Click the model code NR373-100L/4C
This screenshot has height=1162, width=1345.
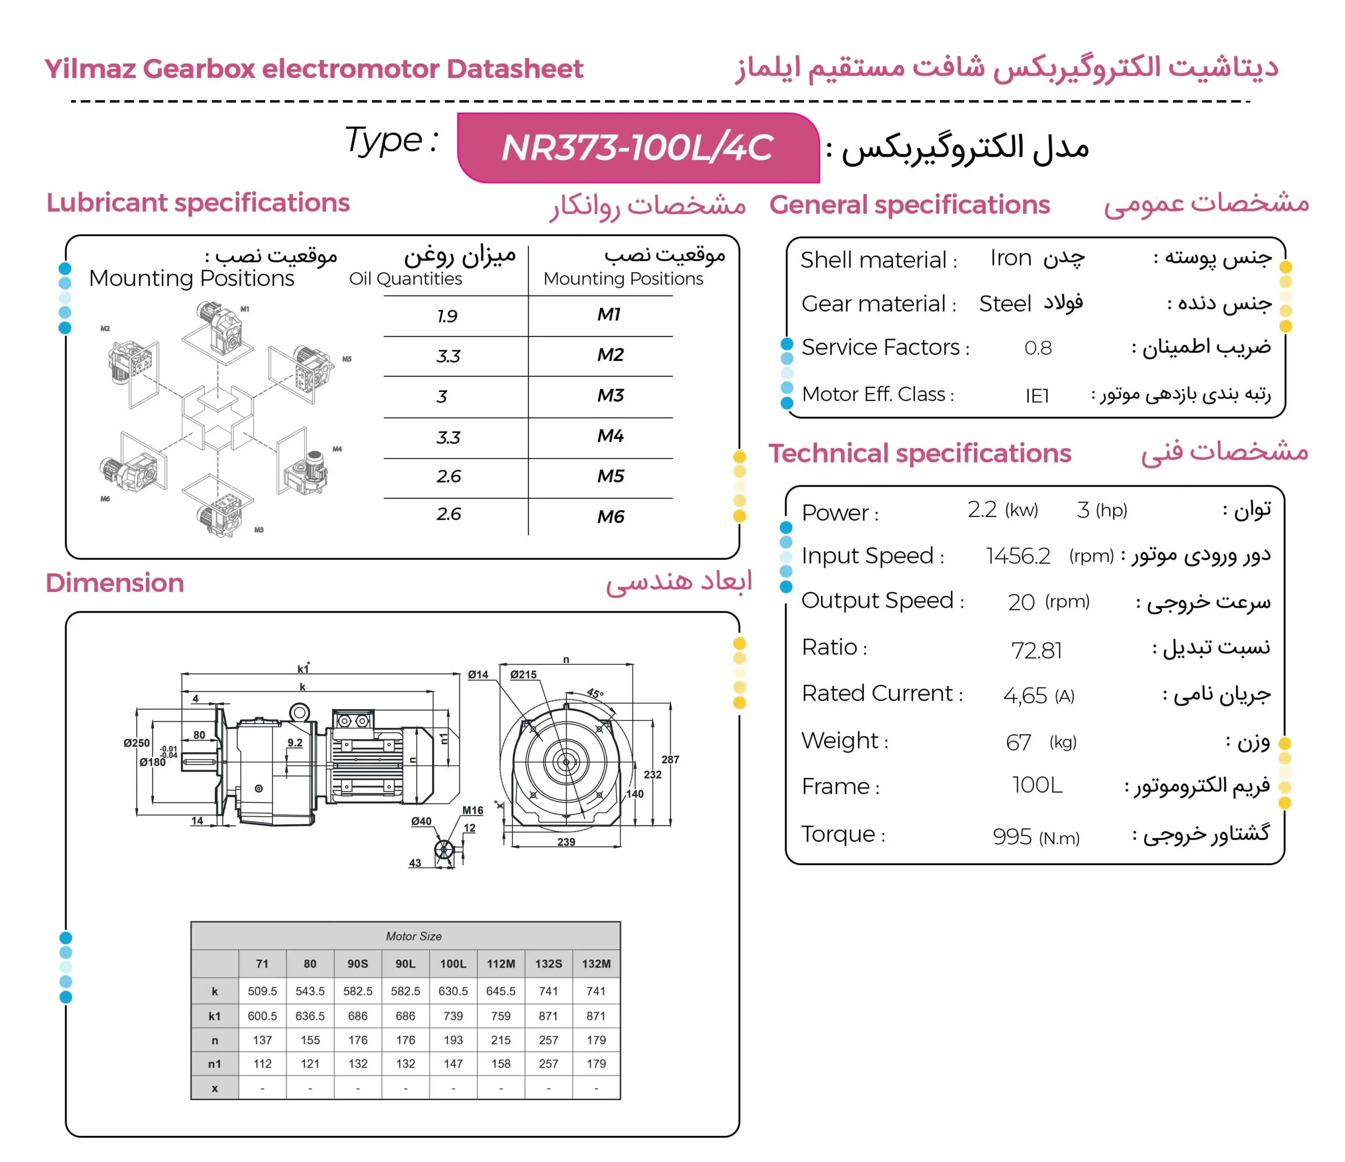click(x=637, y=148)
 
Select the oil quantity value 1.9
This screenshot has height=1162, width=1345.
click(x=447, y=316)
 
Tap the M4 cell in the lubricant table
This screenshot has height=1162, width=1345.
click(x=610, y=436)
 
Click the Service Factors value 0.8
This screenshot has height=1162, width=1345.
click(x=1037, y=348)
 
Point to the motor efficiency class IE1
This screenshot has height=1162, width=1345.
click(x=1037, y=395)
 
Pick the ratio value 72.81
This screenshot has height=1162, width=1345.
click(x=1036, y=650)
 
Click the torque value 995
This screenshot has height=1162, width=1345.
click(x=1011, y=836)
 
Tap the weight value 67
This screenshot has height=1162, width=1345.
click(x=1018, y=742)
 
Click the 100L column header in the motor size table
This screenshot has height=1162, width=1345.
click(x=453, y=963)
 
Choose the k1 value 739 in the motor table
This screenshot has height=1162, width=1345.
click(x=453, y=1016)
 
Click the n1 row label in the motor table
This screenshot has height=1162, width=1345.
click(x=214, y=1064)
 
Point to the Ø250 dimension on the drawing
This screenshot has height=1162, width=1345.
click(x=136, y=743)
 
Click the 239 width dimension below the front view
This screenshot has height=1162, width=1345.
click(x=566, y=842)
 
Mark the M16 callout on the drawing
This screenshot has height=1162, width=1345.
click(x=472, y=810)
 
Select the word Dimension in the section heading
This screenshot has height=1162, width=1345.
click(x=115, y=583)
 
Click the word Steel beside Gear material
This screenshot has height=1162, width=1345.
click(x=1004, y=303)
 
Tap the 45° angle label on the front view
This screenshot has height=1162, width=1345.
click(x=595, y=693)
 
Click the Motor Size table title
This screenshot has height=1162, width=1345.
click(x=413, y=936)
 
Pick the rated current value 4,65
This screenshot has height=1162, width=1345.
click(x=1025, y=696)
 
